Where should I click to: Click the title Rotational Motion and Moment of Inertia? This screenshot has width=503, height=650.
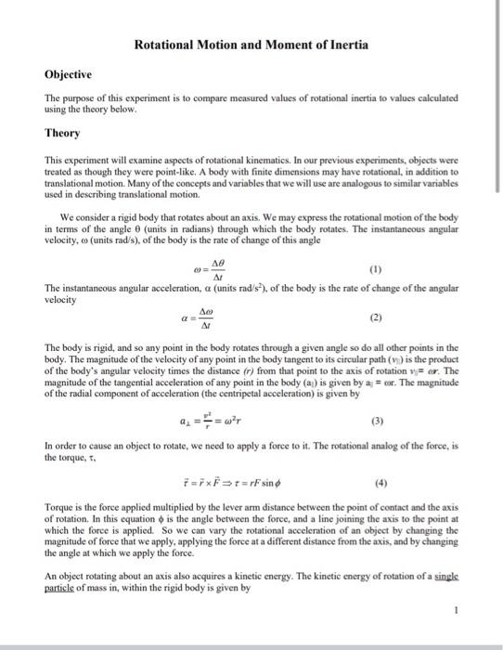(251, 44)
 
